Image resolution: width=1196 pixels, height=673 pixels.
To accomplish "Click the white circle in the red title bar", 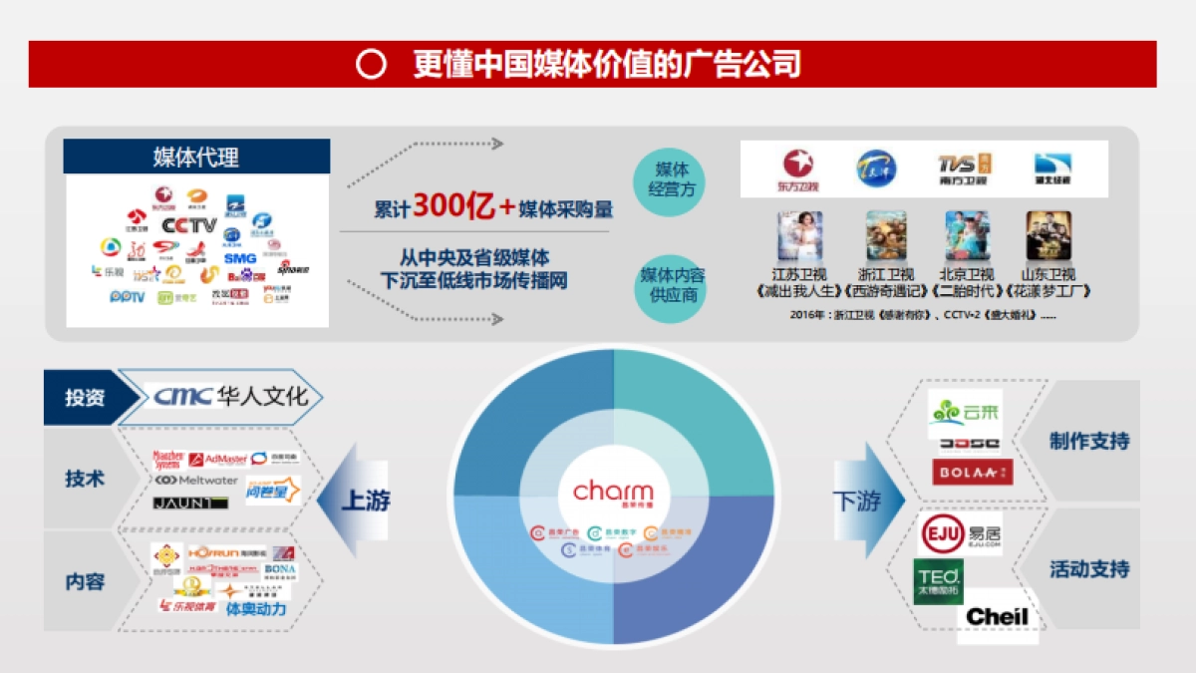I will (371, 65).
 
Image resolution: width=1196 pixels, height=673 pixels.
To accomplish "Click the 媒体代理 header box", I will (196, 157).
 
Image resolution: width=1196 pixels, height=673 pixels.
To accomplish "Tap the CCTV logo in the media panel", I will (188, 225).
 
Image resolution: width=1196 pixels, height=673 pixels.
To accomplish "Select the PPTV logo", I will (127, 297).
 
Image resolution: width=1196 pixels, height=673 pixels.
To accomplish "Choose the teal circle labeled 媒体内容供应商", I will (671, 286).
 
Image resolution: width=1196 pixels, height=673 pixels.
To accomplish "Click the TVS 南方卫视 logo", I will (964, 168).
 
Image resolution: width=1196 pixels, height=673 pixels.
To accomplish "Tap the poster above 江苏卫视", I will (799, 236).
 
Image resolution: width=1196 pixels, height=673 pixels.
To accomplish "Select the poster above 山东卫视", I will (1048, 236).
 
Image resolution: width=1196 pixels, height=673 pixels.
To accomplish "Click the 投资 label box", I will (85, 397).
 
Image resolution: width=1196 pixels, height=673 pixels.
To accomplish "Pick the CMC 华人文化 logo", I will (231, 397).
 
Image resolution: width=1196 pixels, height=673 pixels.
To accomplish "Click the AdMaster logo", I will (217, 459).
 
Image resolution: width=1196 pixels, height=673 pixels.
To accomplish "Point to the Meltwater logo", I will (196, 481).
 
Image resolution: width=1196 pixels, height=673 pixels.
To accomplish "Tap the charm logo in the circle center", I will (613, 492).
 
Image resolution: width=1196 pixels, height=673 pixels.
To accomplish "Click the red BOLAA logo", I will (972, 472).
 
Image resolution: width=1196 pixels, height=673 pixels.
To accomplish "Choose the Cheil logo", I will (996, 616).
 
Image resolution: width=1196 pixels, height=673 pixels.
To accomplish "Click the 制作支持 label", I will (1089, 441).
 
